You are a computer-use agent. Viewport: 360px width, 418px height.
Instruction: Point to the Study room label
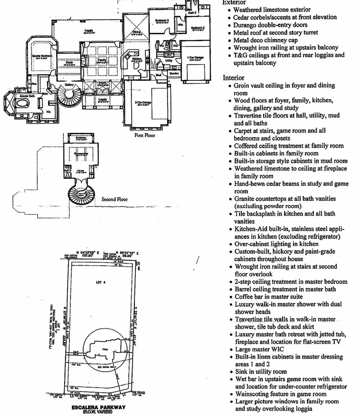[69, 63]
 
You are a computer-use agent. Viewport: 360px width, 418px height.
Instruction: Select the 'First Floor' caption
[144, 135]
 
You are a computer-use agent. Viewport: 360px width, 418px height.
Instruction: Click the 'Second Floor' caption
[115, 199]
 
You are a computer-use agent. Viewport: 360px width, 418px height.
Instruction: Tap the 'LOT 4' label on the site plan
[101, 283]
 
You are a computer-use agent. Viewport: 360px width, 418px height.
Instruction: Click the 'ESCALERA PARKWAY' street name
[98, 407]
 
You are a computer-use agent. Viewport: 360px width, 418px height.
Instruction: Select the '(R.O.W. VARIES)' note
[98, 412]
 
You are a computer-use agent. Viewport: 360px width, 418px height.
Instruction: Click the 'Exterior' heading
[234, 3]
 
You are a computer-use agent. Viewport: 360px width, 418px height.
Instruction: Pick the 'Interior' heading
[234, 78]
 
